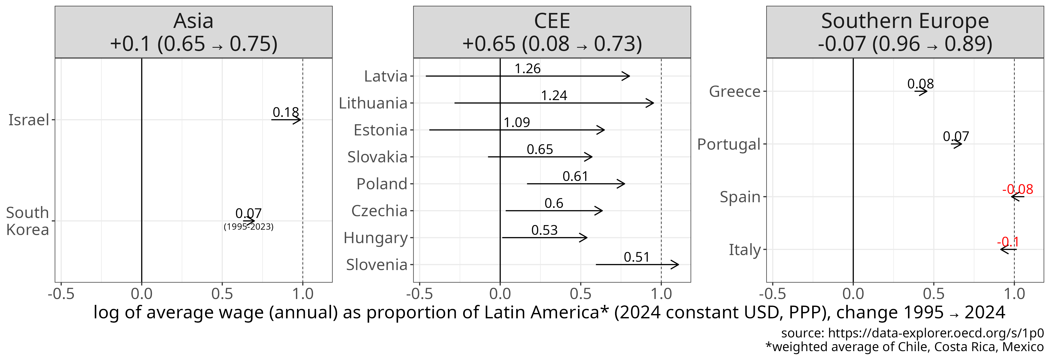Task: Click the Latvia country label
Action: (385, 76)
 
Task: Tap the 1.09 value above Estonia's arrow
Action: (516, 122)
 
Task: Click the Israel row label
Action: (28, 120)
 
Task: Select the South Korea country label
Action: (28, 221)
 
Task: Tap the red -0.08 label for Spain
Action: (1017, 189)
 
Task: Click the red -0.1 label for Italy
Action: (1008, 242)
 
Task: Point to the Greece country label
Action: (734, 91)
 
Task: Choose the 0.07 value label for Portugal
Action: (956, 136)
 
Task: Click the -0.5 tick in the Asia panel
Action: (61, 293)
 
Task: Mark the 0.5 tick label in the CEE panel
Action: (581, 293)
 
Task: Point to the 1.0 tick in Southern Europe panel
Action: (1014, 293)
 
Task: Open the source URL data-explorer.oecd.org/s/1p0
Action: (935, 333)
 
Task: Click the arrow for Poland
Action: (575, 184)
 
